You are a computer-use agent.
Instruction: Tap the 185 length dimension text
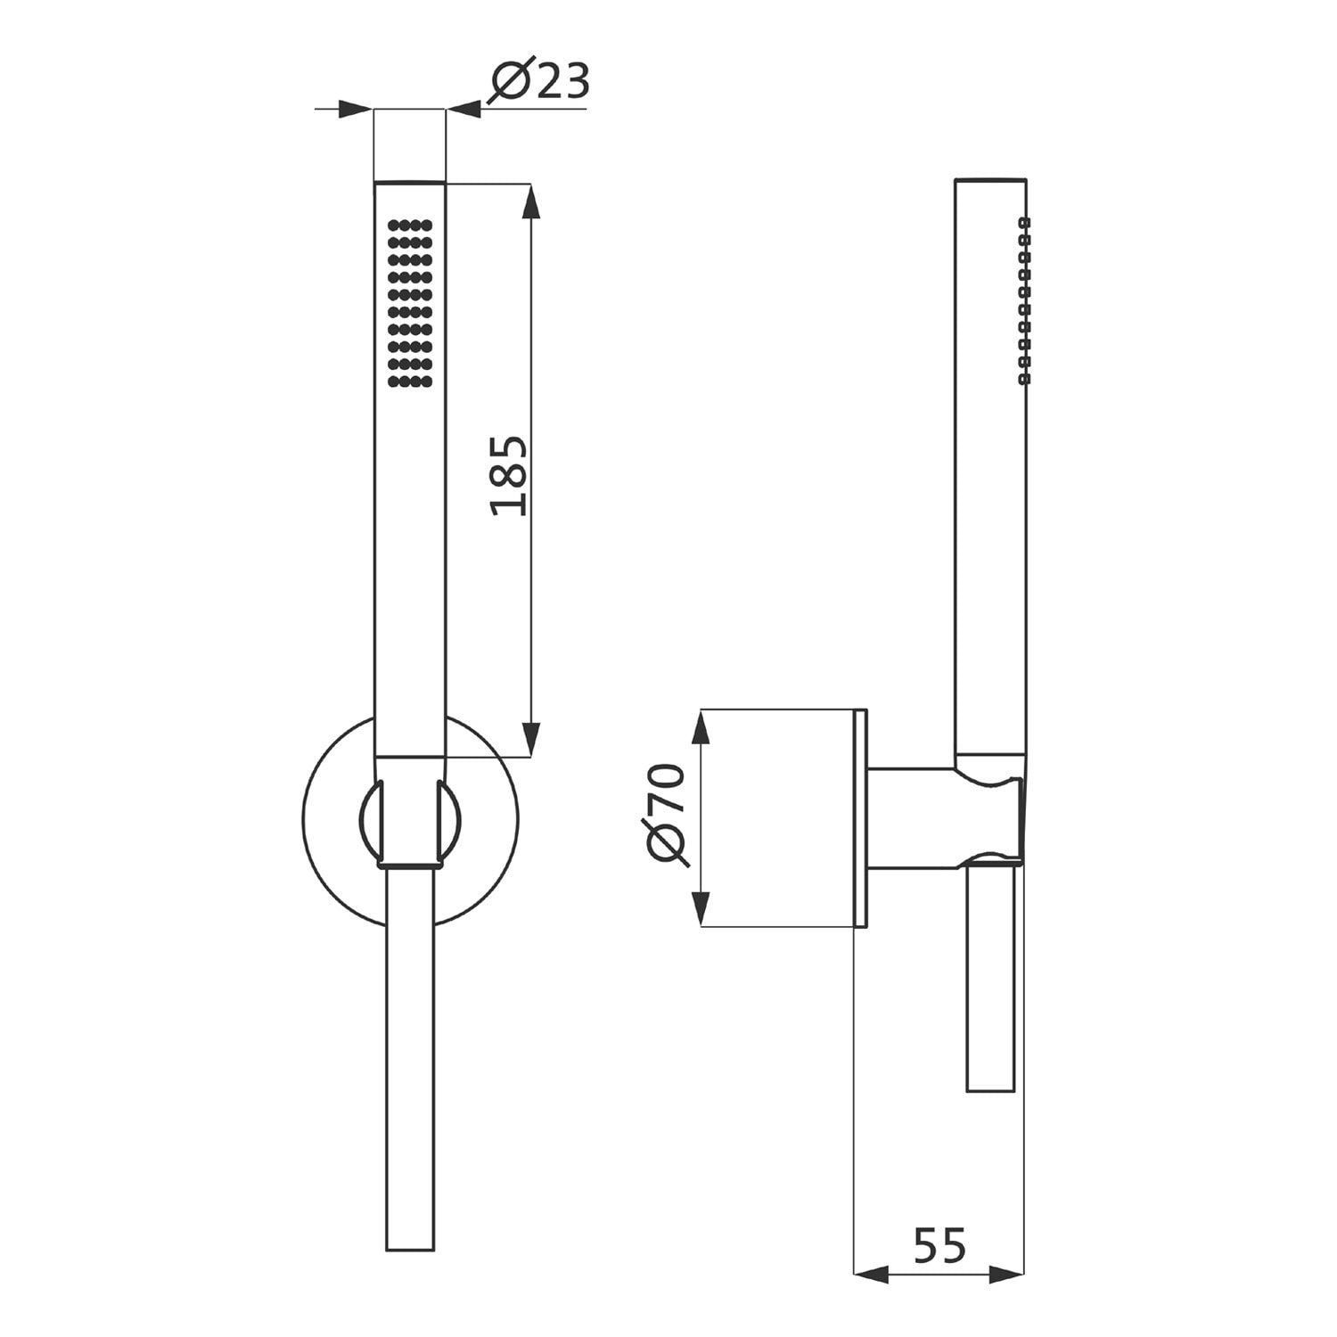(x=510, y=476)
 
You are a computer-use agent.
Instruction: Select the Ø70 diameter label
(x=668, y=814)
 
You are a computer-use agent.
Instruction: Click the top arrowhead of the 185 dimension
(x=531, y=202)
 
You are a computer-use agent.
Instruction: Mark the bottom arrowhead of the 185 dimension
(x=531, y=739)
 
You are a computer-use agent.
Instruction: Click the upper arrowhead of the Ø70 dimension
(x=701, y=728)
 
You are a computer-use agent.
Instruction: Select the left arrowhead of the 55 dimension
(x=872, y=1275)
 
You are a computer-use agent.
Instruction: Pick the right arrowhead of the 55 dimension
(x=1006, y=1275)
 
